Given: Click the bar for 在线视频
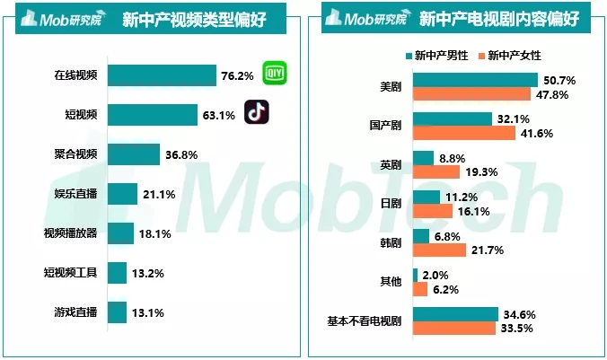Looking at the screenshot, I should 162,75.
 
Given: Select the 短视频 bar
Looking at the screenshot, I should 152,115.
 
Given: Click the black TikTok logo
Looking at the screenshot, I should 259,114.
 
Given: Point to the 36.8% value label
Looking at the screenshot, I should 181,154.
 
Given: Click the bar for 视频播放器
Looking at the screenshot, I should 120,233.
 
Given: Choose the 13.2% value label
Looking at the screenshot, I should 147,273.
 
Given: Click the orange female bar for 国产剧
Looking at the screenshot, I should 463,133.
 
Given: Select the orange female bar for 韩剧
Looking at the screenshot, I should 439,250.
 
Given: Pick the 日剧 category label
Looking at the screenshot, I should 391,204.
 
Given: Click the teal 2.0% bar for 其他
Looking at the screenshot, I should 415,275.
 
